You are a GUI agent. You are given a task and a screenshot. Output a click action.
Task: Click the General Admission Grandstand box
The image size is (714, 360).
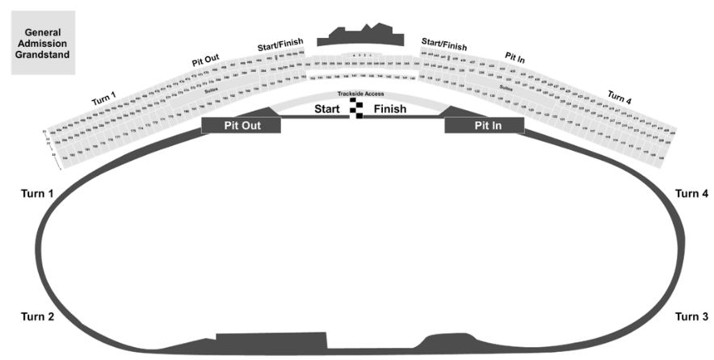42,43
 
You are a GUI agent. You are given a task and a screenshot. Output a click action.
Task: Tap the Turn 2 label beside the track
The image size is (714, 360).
37,316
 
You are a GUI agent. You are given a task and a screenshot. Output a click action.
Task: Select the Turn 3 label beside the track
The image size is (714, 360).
691,316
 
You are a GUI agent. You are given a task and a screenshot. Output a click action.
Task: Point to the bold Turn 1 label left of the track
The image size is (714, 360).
37,194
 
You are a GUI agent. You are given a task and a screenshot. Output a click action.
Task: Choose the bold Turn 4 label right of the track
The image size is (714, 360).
691,194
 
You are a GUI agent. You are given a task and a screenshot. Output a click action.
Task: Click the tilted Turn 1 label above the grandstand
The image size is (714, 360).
104,98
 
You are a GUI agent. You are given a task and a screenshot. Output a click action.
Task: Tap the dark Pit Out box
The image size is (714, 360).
241,125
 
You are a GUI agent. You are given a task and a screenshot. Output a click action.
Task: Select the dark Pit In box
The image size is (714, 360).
485,125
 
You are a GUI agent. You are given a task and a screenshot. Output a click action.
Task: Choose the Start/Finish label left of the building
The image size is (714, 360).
279,45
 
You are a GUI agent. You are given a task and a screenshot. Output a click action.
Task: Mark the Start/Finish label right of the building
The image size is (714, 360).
443,44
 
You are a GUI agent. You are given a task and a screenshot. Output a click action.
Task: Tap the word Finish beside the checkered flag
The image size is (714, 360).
390,109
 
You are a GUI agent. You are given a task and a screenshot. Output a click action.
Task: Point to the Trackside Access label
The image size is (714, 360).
360,94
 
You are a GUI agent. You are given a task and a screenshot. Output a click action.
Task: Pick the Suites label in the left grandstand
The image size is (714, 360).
210,91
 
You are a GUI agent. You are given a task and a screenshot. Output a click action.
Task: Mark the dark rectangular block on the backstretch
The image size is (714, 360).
271,340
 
